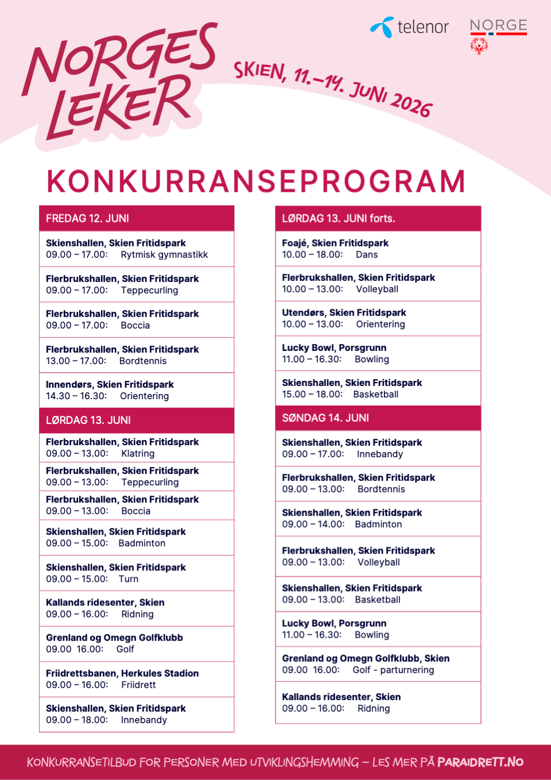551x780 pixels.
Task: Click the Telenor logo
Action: [x=410, y=27]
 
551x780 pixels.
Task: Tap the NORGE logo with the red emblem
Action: [x=498, y=34]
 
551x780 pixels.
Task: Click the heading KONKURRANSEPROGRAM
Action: [x=256, y=182]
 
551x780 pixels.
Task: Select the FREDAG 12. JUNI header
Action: [x=87, y=218]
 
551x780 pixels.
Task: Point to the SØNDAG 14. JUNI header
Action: [x=325, y=418]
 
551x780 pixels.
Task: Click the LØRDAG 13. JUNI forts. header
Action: [x=338, y=218]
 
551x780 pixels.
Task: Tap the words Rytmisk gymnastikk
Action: [x=164, y=254]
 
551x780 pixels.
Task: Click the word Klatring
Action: [x=138, y=453]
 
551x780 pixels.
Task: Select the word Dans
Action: [x=367, y=254]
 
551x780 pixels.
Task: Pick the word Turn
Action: [x=129, y=579]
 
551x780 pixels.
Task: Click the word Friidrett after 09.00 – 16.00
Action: [x=138, y=685]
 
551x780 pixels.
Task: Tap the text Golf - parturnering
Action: [x=393, y=670]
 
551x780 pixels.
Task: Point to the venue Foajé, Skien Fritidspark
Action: [x=335, y=243]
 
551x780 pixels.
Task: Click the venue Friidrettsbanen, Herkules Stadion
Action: [x=122, y=673]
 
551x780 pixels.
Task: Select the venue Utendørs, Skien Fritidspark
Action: [x=344, y=312]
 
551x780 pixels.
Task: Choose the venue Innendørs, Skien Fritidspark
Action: [x=110, y=384]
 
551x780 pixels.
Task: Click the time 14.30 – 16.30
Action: [x=76, y=396]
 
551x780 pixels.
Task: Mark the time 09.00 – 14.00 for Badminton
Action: [x=313, y=524]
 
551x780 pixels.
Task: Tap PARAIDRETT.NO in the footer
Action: [x=480, y=762]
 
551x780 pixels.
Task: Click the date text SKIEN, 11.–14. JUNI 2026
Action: [x=333, y=88]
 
